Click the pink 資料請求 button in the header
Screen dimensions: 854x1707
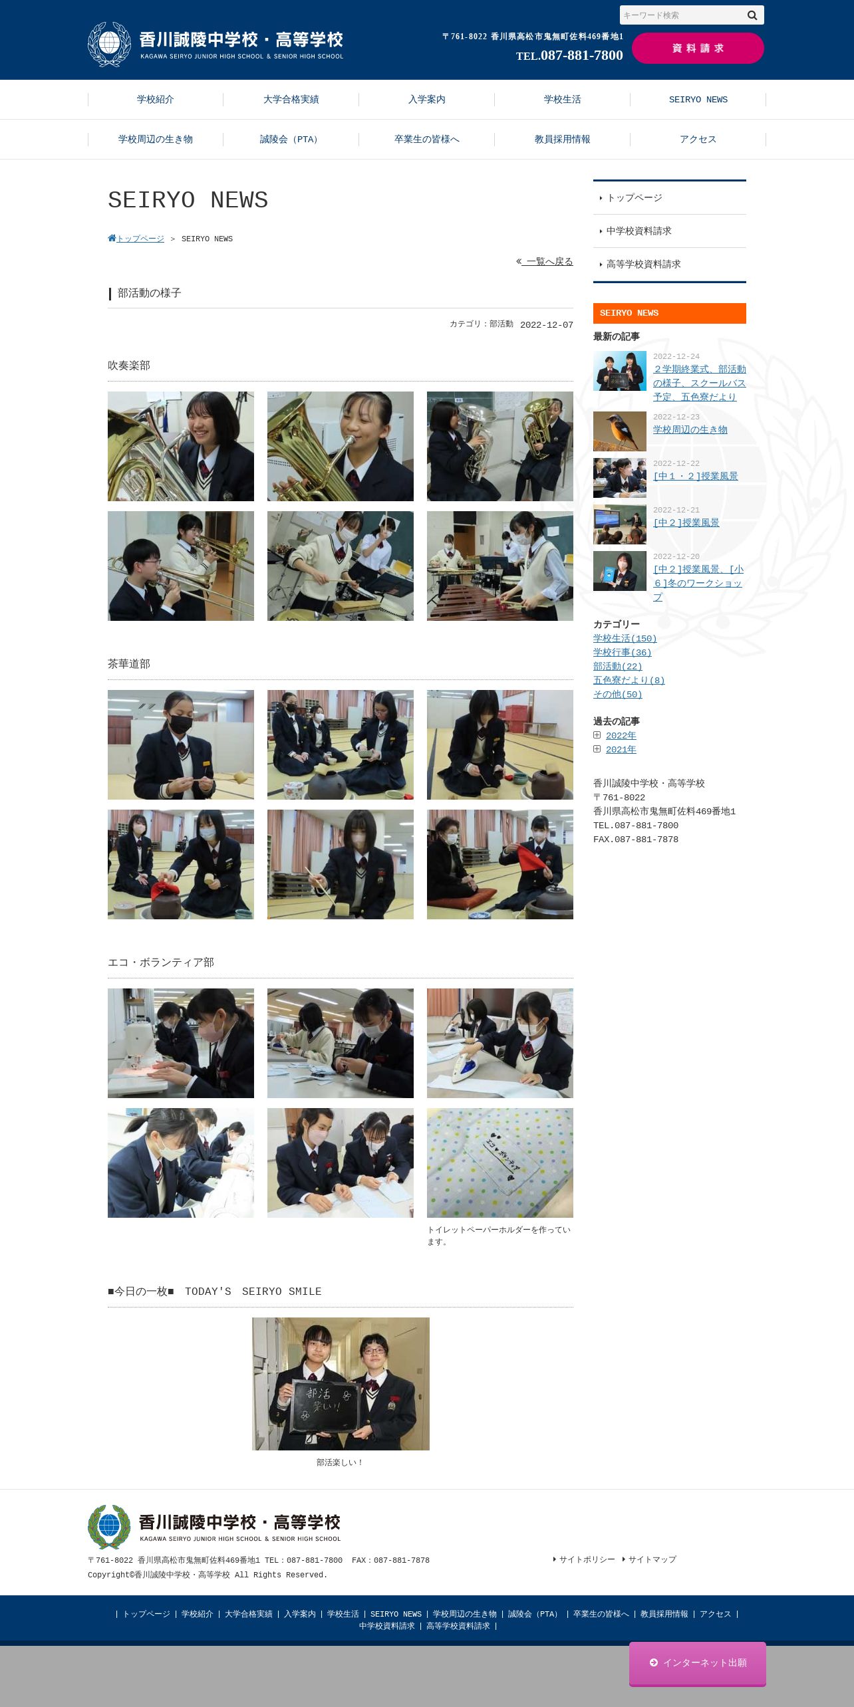pyautogui.click(x=698, y=48)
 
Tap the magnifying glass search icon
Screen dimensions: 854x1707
pyautogui.click(x=752, y=15)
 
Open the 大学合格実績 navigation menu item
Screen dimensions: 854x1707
pyautogui.click(x=291, y=99)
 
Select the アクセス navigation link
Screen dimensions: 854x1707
pyautogui.click(x=698, y=139)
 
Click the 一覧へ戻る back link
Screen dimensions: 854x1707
pyautogui.click(x=545, y=261)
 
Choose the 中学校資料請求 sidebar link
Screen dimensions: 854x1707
pyautogui.click(x=639, y=231)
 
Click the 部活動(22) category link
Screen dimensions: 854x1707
pyautogui.click(x=618, y=666)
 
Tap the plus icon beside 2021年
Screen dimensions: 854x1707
pyautogui.click(x=597, y=749)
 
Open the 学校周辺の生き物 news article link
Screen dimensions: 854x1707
pyautogui.click(x=690, y=429)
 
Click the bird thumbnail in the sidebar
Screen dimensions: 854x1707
pyautogui.click(x=620, y=431)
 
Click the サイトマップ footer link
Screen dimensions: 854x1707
pyautogui.click(x=652, y=1559)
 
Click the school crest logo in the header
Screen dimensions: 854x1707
pyautogui.click(x=110, y=45)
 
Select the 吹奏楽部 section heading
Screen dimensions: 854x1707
pyautogui.click(x=129, y=366)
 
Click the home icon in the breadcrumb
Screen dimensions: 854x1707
pyautogui.click(x=112, y=238)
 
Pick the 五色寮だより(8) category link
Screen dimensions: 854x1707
pyautogui.click(x=629, y=680)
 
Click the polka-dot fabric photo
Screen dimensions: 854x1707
pyautogui.click(x=500, y=1163)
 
